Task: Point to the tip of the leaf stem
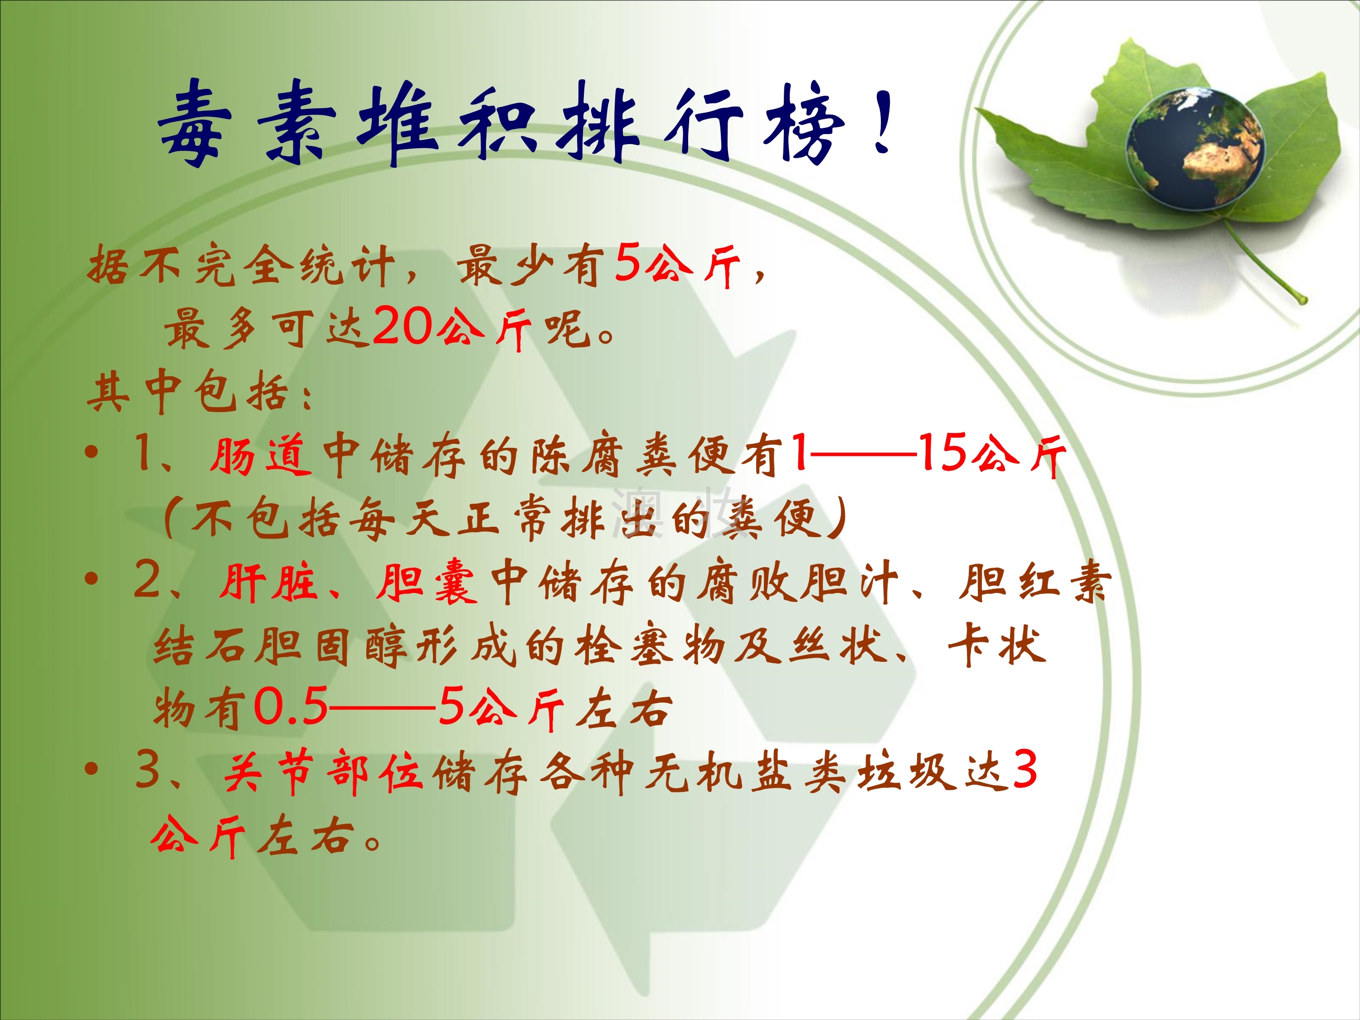pyautogui.click(x=1302, y=300)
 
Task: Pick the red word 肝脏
pyautogui.click(x=268, y=581)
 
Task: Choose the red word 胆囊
pyautogui.click(x=427, y=581)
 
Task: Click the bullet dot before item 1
pyautogui.click(x=92, y=453)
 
